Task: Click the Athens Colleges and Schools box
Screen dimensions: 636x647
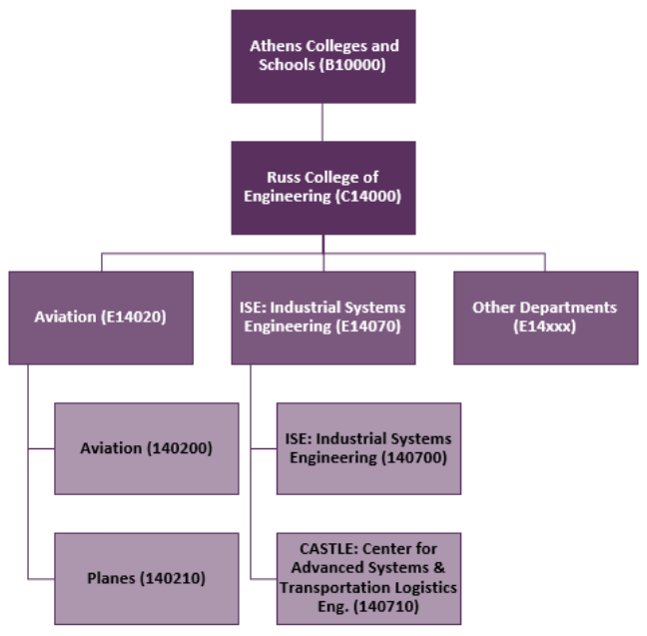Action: pyautogui.click(x=323, y=56)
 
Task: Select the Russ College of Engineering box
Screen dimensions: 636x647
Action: pyautogui.click(x=323, y=187)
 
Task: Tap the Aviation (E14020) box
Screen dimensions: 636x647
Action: pyautogui.click(x=100, y=318)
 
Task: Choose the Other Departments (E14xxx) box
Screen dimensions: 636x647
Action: pyautogui.click(x=545, y=318)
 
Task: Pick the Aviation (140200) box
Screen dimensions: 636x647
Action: pyautogui.click(x=146, y=448)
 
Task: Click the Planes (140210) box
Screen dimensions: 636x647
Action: pyautogui.click(x=146, y=578)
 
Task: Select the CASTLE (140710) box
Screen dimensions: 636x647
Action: pyautogui.click(x=368, y=578)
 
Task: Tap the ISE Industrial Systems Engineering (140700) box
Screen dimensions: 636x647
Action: pyautogui.click(x=368, y=448)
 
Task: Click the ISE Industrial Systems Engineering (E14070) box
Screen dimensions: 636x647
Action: pyautogui.click(x=323, y=318)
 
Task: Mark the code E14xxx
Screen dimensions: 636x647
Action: pyautogui.click(x=545, y=326)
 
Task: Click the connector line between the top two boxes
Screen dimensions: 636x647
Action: pyautogui.click(x=323, y=122)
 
